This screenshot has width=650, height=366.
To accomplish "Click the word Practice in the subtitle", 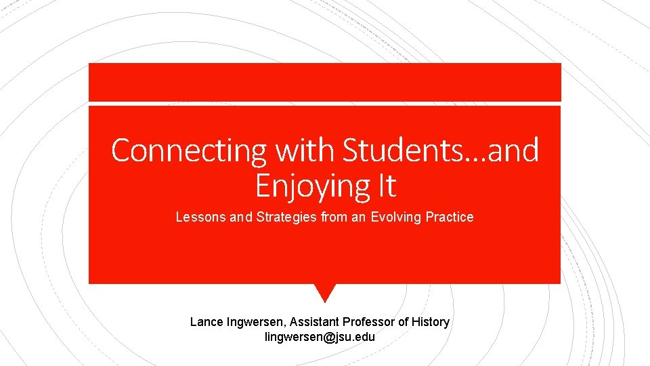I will click(x=450, y=218).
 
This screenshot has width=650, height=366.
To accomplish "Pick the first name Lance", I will click(x=204, y=322).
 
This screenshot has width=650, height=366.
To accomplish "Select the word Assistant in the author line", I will click(x=315, y=322).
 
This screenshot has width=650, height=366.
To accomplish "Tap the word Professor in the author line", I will click(x=370, y=322).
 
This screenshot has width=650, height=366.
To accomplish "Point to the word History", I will click(x=430, y=322).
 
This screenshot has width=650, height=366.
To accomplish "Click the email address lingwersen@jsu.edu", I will click(x=320, y=337).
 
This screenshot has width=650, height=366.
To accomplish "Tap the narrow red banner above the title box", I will click(x=325, y=82).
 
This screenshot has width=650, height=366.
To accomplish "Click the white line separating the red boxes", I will click(x=325, y=104).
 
